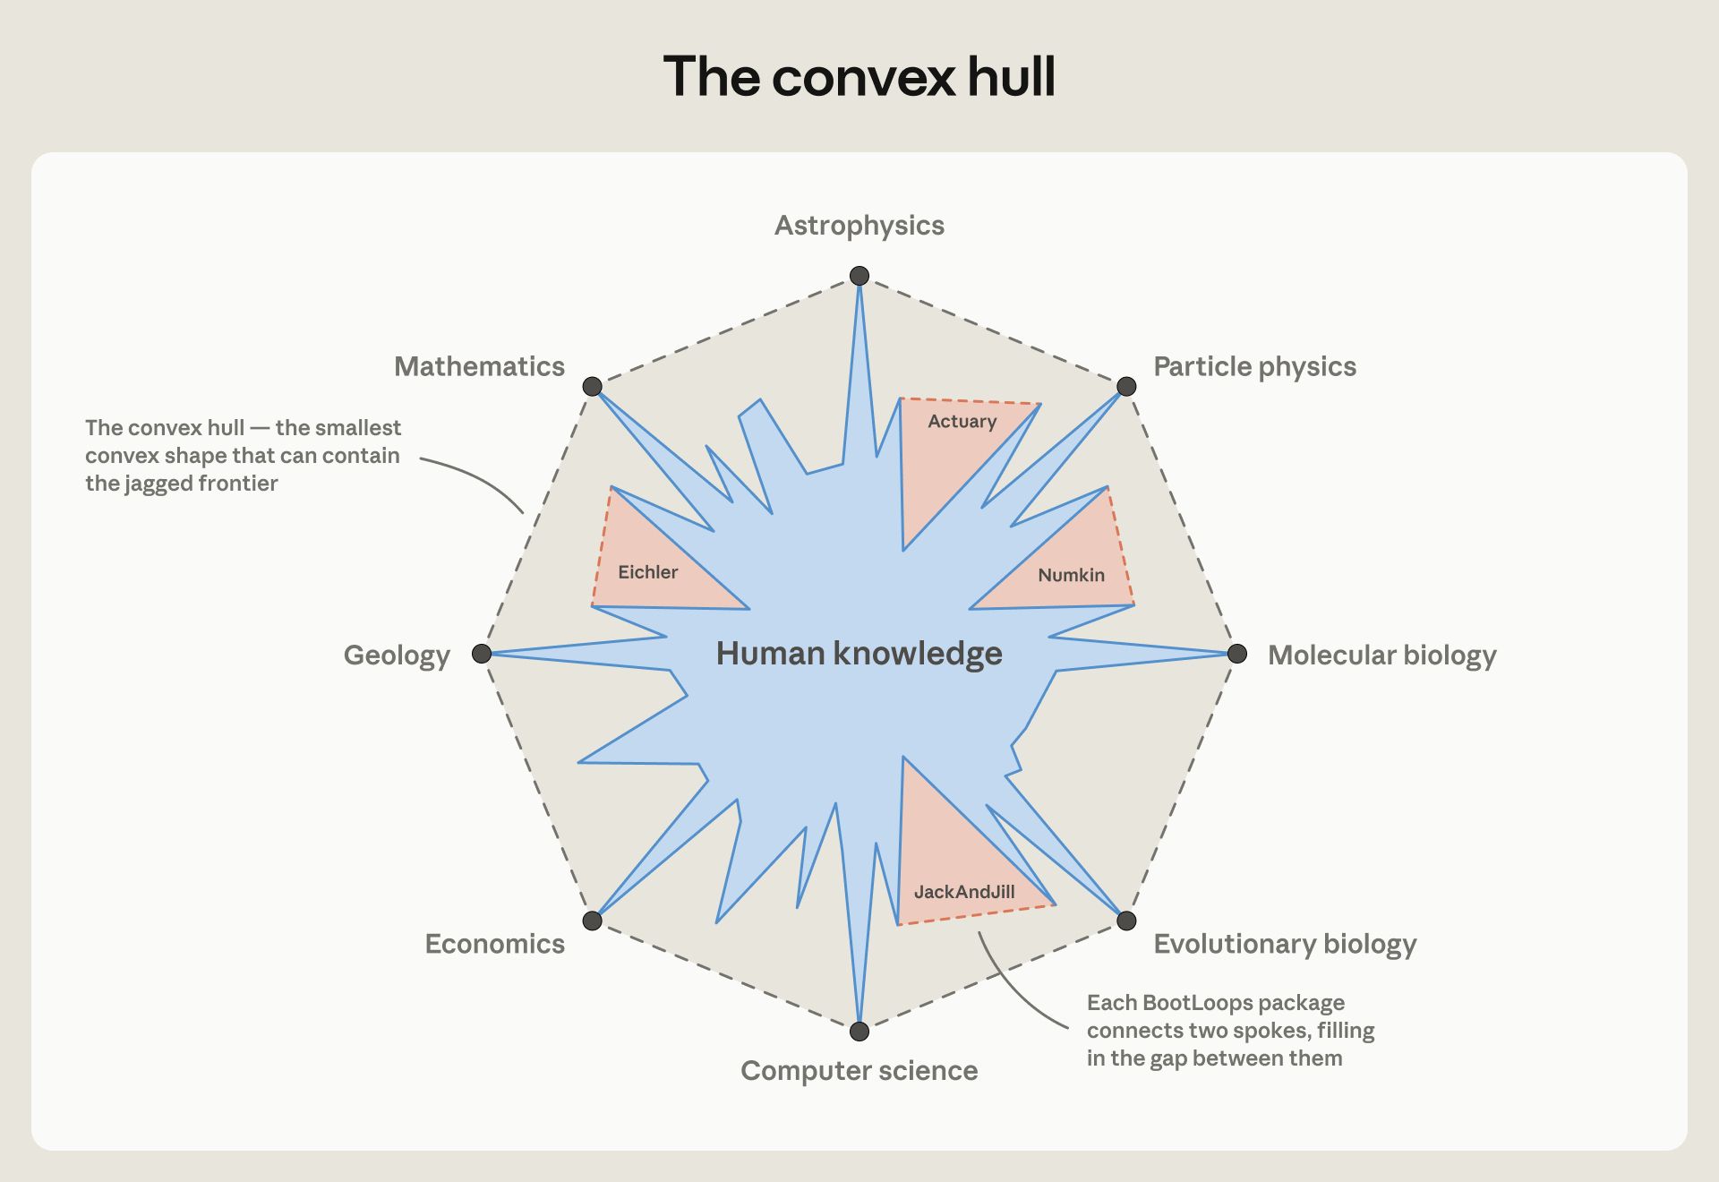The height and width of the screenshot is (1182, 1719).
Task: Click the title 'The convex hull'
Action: click(859, 76)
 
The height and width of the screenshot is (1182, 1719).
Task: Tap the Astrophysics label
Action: click(859, 226)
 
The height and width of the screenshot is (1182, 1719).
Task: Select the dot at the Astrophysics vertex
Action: click(859, 276)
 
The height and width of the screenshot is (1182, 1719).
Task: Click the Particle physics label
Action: click(1254, 367)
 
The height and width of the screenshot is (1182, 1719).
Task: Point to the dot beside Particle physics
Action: click(1126, 386)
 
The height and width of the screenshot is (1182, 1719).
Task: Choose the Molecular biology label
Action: click(1381, 655)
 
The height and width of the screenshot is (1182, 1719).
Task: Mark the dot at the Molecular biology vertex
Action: click(1237, 654)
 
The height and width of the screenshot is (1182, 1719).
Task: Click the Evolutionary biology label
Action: click(1285, 945)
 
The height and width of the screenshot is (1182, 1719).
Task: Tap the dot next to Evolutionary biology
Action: click(1126, 921)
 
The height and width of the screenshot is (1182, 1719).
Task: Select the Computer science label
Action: click(859, 1071)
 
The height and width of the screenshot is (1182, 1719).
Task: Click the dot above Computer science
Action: click(859, 1032)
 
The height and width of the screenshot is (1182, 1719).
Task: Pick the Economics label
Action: click(495, 944)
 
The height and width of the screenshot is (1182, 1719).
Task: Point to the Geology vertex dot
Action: click(482, 654)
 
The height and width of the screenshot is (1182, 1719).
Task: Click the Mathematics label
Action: click(479, 366)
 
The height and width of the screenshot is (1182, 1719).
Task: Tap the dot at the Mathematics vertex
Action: click(593, 386)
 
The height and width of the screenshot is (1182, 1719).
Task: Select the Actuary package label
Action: click(962, 422)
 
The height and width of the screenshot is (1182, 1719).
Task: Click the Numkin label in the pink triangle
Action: click(1072, 575)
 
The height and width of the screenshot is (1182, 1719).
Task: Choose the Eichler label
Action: click(648, 572)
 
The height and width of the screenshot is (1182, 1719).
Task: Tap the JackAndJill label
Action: click(964, 892)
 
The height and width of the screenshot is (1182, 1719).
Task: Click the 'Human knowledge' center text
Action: click(859, 654)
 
